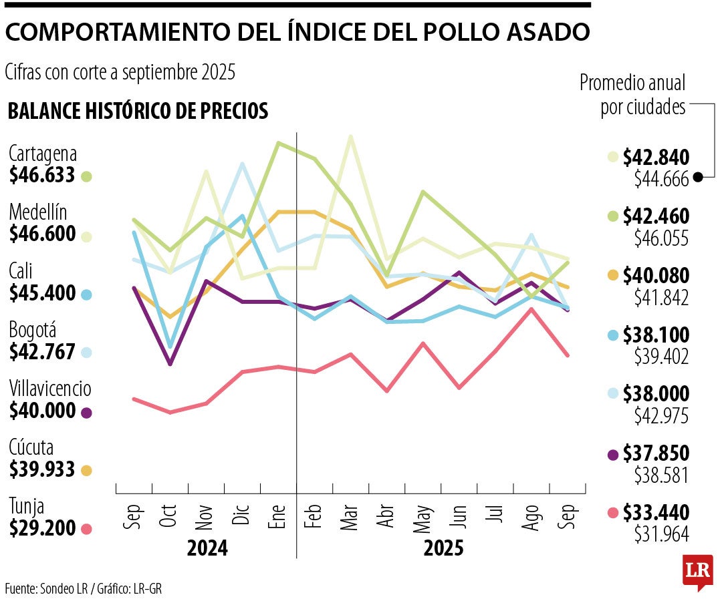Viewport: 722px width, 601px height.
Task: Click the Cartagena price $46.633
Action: [41, 176]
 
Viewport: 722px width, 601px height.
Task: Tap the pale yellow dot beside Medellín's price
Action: [86, 236]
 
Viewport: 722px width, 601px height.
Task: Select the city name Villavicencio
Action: [50, 389]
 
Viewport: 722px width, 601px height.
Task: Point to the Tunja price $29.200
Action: [41, 529]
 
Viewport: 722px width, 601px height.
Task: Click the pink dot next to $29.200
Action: [86, 530]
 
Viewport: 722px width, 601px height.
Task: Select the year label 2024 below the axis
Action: [207, 549]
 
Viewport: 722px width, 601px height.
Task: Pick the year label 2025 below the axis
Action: [443, 549]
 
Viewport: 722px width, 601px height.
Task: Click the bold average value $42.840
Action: [656, 158]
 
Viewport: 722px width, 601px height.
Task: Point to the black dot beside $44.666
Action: [698, 177]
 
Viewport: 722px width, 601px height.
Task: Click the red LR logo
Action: [697, 572]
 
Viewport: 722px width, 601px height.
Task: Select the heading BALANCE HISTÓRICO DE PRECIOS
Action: [138, 111]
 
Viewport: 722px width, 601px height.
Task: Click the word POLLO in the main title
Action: [435, 31]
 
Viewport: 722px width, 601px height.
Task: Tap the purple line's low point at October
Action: [170, 364]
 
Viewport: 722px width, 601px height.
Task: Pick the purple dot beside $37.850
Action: [613, 455]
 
